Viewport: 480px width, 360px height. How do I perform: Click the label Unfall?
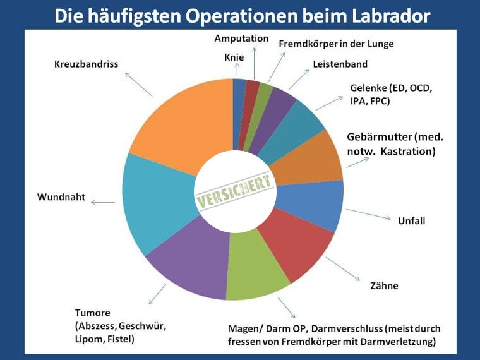coord(411,220)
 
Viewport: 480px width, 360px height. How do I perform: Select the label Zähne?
coord(384,285)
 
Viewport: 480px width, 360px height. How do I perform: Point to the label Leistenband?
coord(340,64)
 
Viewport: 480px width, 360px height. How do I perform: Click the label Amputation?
coord(241,39)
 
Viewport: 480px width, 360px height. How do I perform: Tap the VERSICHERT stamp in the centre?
coord(234,191)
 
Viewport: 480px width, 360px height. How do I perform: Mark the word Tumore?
coord(93,313)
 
